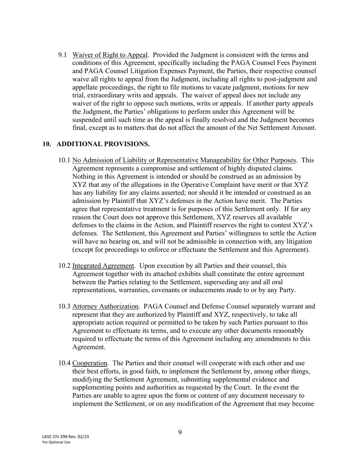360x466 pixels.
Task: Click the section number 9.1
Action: pyautogui.click(x=63, y=55)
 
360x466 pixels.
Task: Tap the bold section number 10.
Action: pyautogui.click(x=47, y=144)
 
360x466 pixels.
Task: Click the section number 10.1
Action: pyautogui.click(x=64, y=160)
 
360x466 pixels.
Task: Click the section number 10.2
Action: pyautogui.click(x=64, y=266)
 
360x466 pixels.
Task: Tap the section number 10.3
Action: pyautogui.click(x=64, y=306)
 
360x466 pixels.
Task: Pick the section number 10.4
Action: pyautogui.click(x=64, y=363)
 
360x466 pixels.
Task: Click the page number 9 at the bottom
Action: pyautogui.click(x=180, y=433)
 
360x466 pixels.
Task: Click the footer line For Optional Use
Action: pyautogui.click(x=56, y=442)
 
